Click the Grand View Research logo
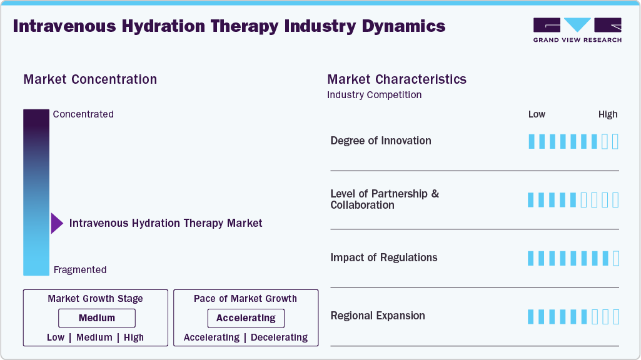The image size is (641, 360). (x=577, y=30)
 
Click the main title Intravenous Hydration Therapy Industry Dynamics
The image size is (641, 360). (x=229, y=26)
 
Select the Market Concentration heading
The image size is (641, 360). (x=90, y=79)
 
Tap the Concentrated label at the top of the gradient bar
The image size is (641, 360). (x=83, y=114)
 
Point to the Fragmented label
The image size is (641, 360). (x=80, y=270)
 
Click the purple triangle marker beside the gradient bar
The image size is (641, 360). (x=56, y=223)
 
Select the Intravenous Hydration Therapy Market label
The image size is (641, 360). (x=166, y=223)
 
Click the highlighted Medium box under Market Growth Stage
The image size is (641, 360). (x=96, y=318)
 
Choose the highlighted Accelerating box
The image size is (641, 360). (x=246, y=318)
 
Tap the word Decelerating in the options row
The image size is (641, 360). (x=278, y=337)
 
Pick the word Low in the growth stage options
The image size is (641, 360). (x=56, y=337)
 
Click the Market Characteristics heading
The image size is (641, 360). (x=396, y=79)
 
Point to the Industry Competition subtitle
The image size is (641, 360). (x=374, y=95)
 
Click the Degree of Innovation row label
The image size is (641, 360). (x=380, y=141)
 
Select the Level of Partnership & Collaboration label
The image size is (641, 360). (x=384, y=199)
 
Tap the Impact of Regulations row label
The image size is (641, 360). (x=383, y=257)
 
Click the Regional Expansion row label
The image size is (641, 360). (x=377, y=316)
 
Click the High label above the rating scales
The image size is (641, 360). (x=607, y=114)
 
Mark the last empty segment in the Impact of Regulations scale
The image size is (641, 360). (x=615, y=258)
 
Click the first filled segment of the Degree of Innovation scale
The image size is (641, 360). (x=532, y=141)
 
